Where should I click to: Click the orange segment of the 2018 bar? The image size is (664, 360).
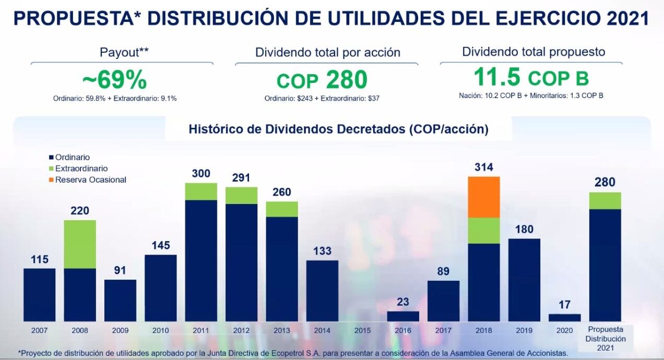(484, 197)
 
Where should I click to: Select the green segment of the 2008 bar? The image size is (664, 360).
(80, 244)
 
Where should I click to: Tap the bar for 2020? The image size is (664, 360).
(564, 317)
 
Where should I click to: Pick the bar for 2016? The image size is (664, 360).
(403, 316)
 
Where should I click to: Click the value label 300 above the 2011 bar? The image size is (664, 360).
(201, 174)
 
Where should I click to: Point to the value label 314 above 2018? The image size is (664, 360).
(484, 167)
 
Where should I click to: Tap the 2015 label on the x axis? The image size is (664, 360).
(362, 330)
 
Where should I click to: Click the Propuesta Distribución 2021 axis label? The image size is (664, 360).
(605, 338)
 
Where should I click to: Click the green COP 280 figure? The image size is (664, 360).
(322, 80)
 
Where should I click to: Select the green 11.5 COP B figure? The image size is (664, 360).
(531, 78)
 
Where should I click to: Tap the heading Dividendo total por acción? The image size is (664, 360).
(327, 52)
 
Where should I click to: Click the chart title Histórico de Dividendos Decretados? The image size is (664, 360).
(338, 129)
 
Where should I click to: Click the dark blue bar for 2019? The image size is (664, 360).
(524, 280)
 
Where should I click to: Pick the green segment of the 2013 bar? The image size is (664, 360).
(282, 209)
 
